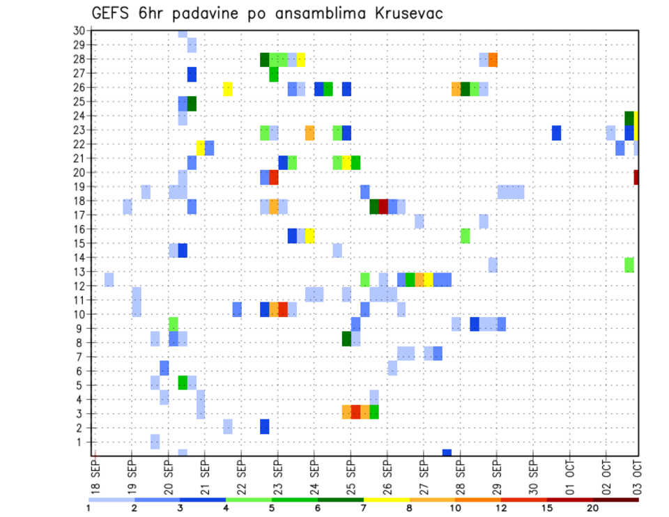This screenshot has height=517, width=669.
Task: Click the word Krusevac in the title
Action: pyautogui.click(x=403, y=13)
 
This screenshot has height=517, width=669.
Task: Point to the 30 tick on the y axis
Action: pyautogui.click(x=79, y=30)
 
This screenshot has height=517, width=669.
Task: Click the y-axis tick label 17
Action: pyautogui.click(x=79, y=215)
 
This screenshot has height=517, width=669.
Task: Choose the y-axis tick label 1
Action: pyautogui.click(x=82, y=442)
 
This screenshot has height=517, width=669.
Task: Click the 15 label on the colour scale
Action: pyautogui.click(x=547, y=508)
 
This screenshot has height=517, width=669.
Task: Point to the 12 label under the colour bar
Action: pyautogui.click(x=501, y=508)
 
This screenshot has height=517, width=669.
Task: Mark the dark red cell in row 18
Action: pyautogui.click(x=383, y=207)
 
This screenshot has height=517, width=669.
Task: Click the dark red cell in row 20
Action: pyautogui.click(x=636, y=178)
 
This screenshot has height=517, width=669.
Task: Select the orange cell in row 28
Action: pyautogui.click(x=493, y=60)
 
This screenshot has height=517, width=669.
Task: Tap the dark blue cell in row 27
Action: pyautogui.click(x=192, y=74)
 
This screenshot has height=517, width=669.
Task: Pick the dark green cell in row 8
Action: pyautogui.click(x=346, y=339)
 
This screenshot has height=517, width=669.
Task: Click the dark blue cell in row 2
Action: pyautogui.click(x=265, y=426)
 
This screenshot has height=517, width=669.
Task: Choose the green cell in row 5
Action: pyautogui.click(x=183, y=383)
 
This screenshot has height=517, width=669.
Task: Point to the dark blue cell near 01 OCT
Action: pyautogui.click(x=557, y=132)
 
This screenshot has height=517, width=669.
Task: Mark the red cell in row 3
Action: pyautogui.click(x=355, y=412)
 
